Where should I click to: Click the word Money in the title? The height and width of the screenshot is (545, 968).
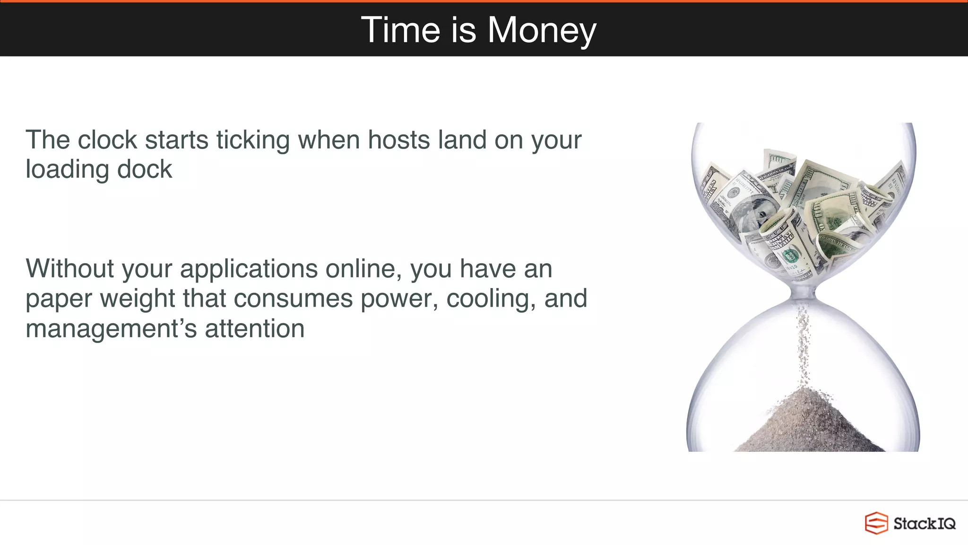(542, 30)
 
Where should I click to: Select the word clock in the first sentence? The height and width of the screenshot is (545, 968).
(107, 141)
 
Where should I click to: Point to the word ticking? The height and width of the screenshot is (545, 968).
(253, 141)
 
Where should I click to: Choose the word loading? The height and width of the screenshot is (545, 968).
(68, 170)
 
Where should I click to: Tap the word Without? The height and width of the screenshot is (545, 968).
(70, 269)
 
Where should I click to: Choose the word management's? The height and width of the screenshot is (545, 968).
(111, 329)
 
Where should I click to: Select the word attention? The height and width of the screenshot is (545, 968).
(255, 329)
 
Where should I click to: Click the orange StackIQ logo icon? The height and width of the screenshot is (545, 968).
(876, 523)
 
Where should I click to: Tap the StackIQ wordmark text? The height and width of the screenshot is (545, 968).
(924, 524)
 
